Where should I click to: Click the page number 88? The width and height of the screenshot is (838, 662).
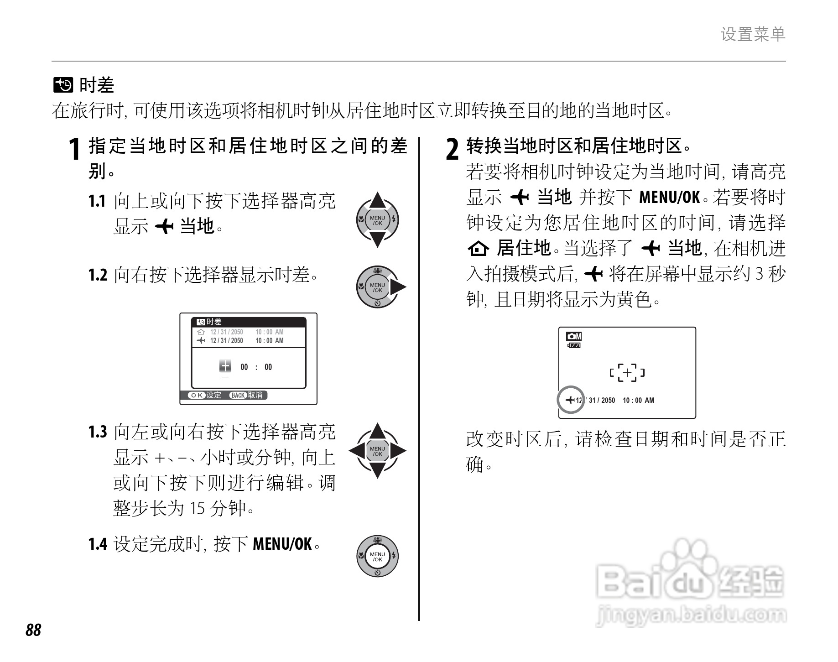33,630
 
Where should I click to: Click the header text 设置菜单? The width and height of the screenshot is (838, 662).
753,34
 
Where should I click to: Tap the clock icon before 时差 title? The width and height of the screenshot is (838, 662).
63,85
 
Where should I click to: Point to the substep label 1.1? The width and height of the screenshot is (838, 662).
97,201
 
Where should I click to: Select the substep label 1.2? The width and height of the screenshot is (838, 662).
98,275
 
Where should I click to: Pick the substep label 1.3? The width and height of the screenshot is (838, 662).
98,432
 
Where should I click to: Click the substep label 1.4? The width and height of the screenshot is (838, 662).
98,544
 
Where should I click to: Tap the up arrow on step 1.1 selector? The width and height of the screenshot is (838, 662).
377,201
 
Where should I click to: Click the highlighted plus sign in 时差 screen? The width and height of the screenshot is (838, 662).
225,366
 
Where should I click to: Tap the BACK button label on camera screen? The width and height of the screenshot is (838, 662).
238,395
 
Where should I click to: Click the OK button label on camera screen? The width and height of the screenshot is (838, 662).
197,395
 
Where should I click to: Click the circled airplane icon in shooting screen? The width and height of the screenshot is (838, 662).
570,400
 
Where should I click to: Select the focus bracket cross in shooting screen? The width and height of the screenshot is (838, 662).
627,373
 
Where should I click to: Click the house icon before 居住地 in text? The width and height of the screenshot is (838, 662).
478,249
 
